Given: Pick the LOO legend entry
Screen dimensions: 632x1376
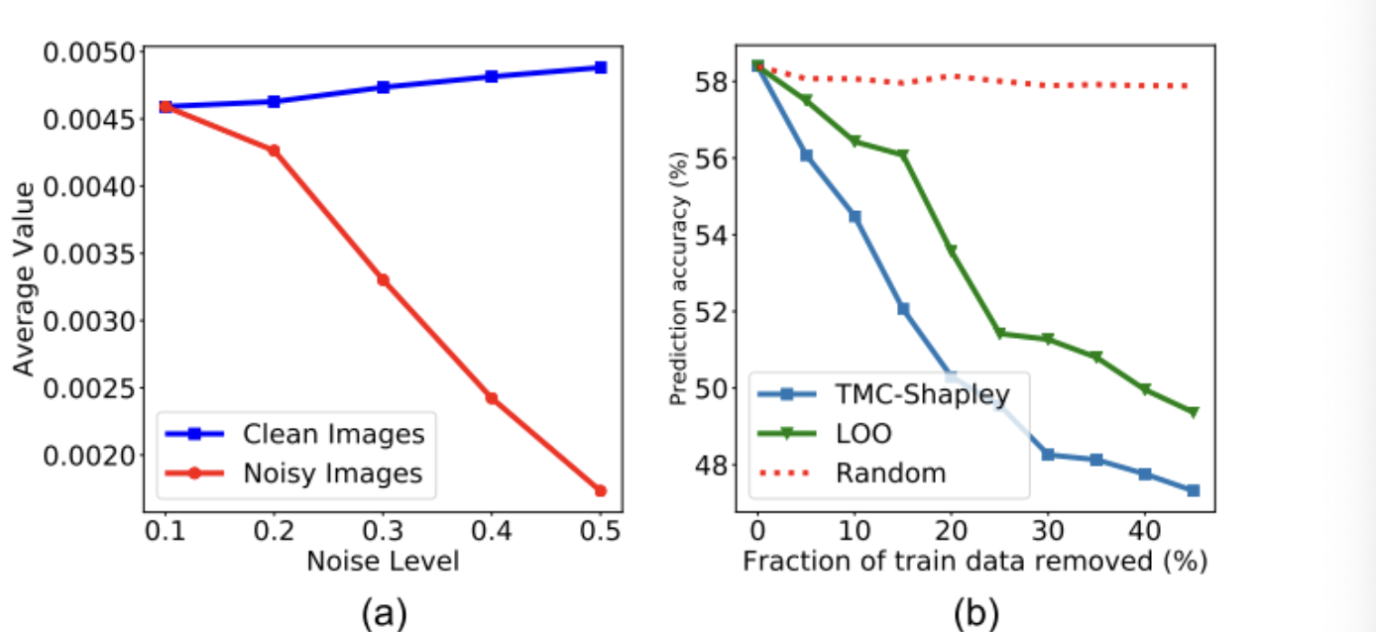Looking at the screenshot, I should pyautogui.click(x=863, y=433).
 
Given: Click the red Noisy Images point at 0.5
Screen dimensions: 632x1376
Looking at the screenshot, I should pyautogui.click(x=600, y=490).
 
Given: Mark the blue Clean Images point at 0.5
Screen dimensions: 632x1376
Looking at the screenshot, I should pyautogui.click(x=600, y=67).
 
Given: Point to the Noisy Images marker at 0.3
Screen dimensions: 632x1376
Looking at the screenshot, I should pyautogui.click(x=383, y=280).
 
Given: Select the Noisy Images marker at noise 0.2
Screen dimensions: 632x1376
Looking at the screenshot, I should pyautogui.click(x=274, y=151).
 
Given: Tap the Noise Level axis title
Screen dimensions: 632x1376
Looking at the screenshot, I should pyautogui.click(x=383, y=562).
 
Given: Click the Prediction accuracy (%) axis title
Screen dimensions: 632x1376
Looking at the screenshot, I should pyautogui.click(x=679, y=279).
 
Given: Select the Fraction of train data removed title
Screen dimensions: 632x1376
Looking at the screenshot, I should pyautogui.click(x=975, y=562).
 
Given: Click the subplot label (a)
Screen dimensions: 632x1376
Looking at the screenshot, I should pyautogui.click(x=384, y=613).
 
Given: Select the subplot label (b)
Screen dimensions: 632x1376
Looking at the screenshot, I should pyautogui.click(x=976, y=613).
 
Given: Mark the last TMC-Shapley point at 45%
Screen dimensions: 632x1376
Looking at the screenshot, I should pyautogui.click(x=1193, y=490).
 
